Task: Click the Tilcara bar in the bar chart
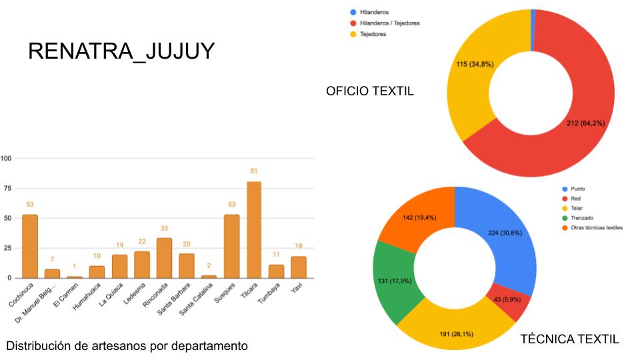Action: (253, 230)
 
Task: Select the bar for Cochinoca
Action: (30, 246)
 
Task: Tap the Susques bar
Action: (231, 246)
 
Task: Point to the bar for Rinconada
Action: (164, 258)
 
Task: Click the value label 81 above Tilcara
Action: (253, 171)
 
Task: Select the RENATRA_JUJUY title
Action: (121, 52)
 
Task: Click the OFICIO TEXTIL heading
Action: (370, 91)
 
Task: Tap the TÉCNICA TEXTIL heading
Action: (569, 339)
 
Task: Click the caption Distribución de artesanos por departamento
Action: (127, 346)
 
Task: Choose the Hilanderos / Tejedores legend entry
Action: (389, 23)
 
